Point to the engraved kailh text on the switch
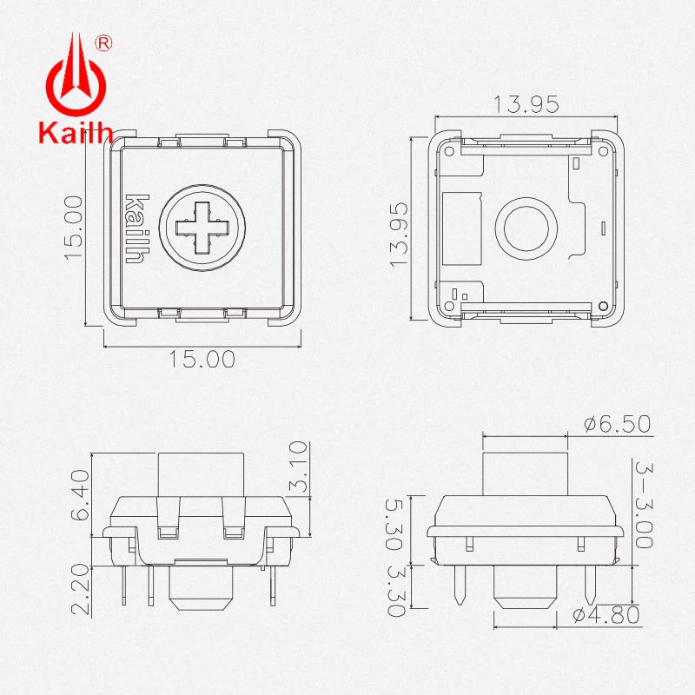137,228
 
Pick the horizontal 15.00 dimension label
202,358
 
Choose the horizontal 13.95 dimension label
526,104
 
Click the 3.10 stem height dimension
298,467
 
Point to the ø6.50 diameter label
617,424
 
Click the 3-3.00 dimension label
643,504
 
